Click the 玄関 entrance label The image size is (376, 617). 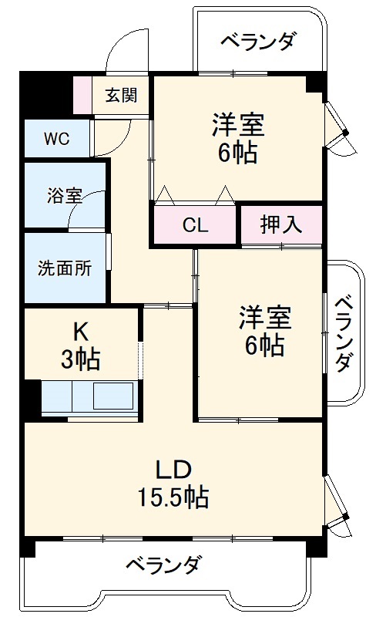point(121,96)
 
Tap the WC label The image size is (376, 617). point(56,139)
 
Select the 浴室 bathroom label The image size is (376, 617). point(64,195)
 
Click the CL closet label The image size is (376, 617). point(195,226)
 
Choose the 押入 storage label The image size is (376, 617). point(280,225)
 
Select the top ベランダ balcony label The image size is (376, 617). point(257,42)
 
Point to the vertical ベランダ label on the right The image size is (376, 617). point(344,332)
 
